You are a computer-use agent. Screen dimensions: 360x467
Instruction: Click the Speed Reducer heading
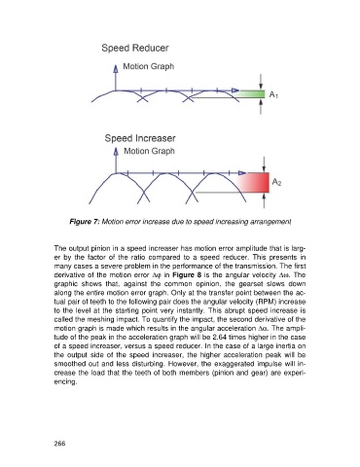point(135,48)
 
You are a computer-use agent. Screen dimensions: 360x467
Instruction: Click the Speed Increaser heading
point(140,138)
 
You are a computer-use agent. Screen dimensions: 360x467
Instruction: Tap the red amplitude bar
point(253,183)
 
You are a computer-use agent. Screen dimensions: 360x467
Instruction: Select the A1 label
point(273,94)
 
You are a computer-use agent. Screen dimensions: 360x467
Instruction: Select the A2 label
point(276,182)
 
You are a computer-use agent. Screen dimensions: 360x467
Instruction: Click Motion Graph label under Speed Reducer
point(149,66)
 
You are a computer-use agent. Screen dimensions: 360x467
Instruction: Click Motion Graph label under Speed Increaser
point(149,151)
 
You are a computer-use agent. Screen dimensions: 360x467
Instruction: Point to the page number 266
point(60,444)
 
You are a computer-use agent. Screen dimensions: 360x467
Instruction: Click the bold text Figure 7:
point(85,222)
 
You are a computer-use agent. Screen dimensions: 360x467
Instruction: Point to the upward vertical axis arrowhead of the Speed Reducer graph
point(115,68)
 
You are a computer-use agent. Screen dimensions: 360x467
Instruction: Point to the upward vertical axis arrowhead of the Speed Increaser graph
point(116,151)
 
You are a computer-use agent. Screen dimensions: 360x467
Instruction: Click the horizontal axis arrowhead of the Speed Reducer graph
point(235,90)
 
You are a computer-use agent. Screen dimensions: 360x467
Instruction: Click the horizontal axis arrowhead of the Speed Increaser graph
point(242,173)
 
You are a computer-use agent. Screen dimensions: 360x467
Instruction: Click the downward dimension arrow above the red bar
point(265,164)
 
